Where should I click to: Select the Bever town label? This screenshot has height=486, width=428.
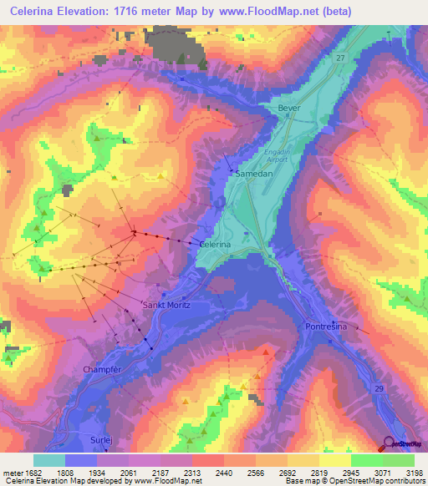pos(288,109)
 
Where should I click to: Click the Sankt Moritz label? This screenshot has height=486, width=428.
pos(167,306)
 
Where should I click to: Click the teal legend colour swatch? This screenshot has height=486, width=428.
pos(49,460)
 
